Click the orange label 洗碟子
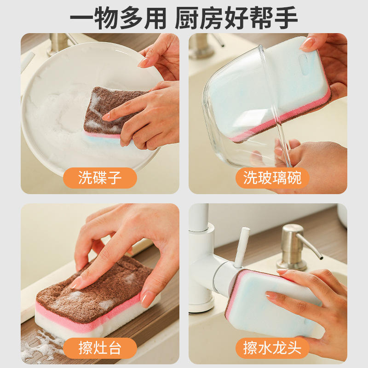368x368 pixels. [x=100, y=178]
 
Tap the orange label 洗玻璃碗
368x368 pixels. [x=272, y=178]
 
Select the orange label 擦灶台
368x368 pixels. [x=100, y=348]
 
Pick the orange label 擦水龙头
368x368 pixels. [x=272, y=348]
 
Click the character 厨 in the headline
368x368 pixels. [x=187, y=18]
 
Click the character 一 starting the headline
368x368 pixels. [x=82, y=18]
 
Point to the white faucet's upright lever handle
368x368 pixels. [x=242, y=247]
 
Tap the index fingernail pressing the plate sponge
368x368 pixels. [x=106, y=117]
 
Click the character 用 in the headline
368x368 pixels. [x=155, y=18]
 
